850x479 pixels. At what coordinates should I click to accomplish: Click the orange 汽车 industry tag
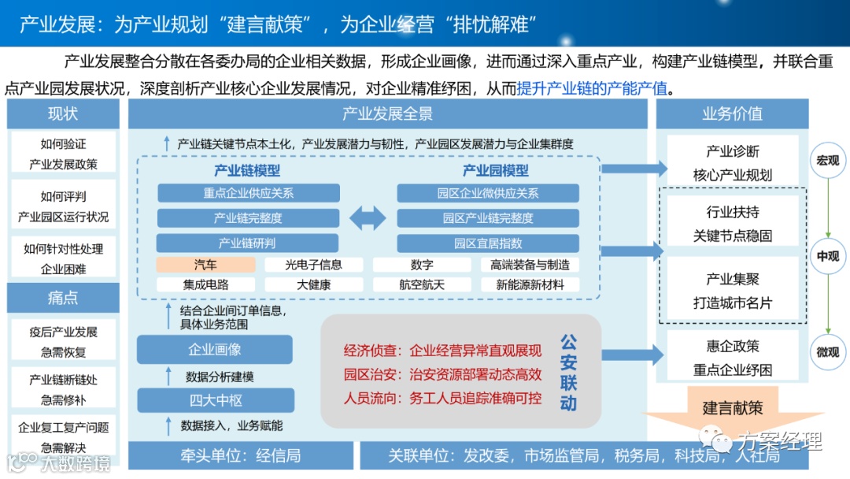point(205,265)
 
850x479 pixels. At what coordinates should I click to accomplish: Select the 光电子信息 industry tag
point(313,265)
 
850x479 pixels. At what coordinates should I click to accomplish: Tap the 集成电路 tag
point(205,284)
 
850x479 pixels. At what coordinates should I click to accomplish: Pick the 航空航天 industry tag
point(422,284)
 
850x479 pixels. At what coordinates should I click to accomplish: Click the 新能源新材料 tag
point(530,284)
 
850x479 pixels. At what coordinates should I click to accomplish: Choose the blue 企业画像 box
point(214,349)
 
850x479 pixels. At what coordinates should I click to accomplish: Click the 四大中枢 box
point(214,400)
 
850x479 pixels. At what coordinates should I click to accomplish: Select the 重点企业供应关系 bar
point(249,193)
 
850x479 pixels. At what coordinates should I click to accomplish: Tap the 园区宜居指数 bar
point(488,243)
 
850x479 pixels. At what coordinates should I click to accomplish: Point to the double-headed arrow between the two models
point(368,217)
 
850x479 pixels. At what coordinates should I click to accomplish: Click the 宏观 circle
point(827,161)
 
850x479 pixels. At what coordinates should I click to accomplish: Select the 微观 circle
point(827,352)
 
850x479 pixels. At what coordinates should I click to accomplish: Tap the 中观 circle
point(827,256)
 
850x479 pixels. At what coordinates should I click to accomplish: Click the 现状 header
point(63,113)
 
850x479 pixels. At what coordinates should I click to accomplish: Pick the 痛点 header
point(63,298)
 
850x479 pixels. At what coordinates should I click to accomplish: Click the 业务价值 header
point(732,113)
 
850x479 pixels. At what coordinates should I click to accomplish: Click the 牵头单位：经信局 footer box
point(240,455)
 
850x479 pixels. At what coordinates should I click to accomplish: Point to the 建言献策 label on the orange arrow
point(732,407)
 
